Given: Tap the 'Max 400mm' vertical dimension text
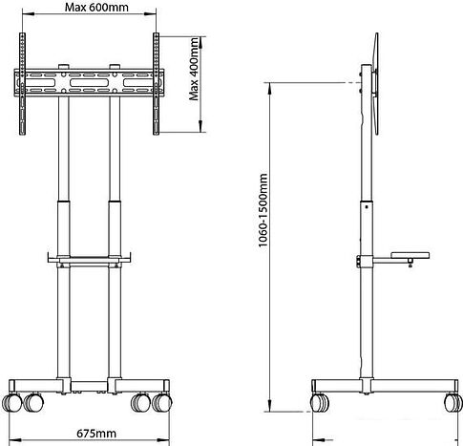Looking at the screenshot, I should pos(194,69).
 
